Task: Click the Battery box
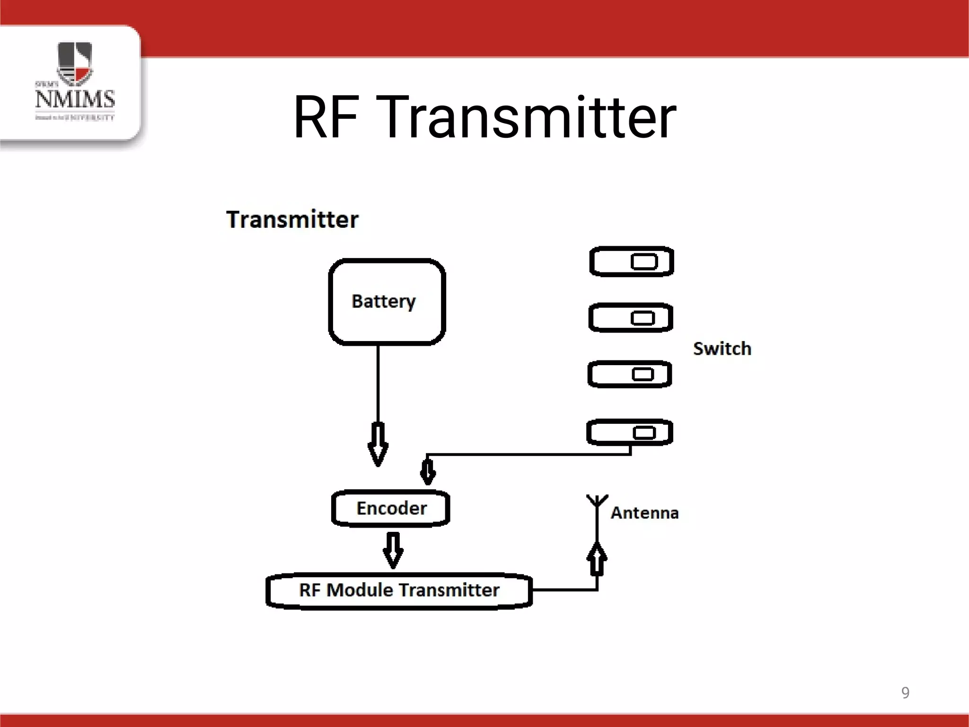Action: click(387, 302)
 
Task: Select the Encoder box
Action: click(391, 508)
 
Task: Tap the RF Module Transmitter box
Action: click(399, 590)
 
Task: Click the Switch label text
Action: click(722, 349)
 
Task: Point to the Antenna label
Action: click(644, 513)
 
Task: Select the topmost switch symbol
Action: click(631, 261)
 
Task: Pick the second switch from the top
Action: click(631, 318)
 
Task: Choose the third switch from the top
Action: click(629, 374)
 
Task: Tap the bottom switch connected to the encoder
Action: click(629, 432)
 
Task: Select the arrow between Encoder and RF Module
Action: click(393, 550)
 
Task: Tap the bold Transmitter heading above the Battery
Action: click(292, 220)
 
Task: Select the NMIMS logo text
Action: click(75, 99)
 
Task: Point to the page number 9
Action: click(905, 692)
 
